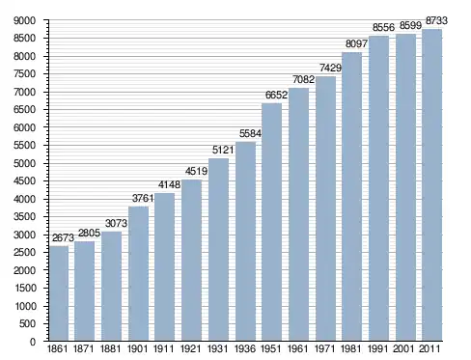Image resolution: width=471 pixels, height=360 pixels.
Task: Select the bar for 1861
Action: pyautogui.click(x=59, y=293)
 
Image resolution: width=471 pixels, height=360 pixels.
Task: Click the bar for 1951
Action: pyautogui.click(x=271, y=222)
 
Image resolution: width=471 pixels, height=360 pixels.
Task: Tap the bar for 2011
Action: pyautogui.click(x=431, y=185)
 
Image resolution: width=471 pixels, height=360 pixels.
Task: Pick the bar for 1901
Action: pyautogui.click(x=138, y=273)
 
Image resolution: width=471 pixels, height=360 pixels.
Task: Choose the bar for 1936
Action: pyautogui.click(x=245, y=241)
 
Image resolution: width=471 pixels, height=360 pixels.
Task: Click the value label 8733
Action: pyautogui.click(x=436, y=20)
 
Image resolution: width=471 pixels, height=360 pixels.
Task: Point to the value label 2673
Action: pyautogui.click(x=63, y=237)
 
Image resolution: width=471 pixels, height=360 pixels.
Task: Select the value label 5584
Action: pyautogui.click(x=250, y=133)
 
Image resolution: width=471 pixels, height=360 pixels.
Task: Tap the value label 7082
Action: pyautogui.click(x=303, y=79)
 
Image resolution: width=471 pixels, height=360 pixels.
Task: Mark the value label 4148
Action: pyautogui.click(x=169, y=184)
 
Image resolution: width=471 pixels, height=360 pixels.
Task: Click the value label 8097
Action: pyautogui.click(x=356, y=43)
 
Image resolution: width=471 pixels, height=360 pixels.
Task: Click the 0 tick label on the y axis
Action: pyautogui.click(x=33, y=342)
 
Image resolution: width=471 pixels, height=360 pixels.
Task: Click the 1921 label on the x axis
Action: pyautogui.click(x=190, y=348)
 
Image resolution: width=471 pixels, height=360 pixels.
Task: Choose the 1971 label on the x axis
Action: pyautogui.click(x=324, y=348)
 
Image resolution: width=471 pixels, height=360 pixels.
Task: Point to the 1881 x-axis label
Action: pyautogui.click(x=110, y=348)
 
